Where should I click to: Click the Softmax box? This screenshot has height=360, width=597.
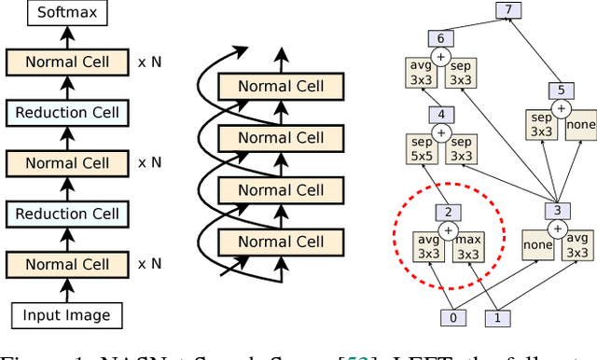point(67,12)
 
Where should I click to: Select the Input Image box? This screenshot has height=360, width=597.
point(67,315)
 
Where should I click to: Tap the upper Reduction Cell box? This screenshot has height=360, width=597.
point(67,112)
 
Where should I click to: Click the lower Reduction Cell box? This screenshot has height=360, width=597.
point(67,214)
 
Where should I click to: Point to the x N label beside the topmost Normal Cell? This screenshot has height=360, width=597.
point(149,62)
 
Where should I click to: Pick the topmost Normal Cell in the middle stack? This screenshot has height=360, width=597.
point(281,87)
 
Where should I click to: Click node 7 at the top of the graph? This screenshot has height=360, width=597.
point(507,10)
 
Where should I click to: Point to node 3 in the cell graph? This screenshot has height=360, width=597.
point(556,210)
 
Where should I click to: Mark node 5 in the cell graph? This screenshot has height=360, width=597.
point(560,90)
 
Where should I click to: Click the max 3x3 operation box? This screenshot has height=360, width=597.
point(468,246)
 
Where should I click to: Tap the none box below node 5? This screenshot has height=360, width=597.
point(580,123)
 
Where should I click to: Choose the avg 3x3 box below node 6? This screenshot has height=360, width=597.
point(421,74)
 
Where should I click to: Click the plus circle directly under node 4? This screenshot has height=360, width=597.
point(440,132)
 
